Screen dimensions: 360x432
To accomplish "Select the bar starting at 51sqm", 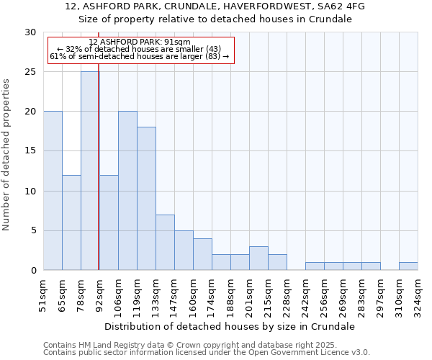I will tap(53, 191).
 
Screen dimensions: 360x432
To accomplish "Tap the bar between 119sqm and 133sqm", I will tap(146, 199).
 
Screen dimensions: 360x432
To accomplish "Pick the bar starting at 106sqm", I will tap(127, 191).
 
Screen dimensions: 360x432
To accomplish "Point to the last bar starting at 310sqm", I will tap(408, 266).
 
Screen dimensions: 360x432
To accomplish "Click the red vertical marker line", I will tap(98, 158).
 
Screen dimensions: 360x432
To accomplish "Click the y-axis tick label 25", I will tap(30, 72).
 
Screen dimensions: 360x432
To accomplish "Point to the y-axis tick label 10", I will tap(30, 192).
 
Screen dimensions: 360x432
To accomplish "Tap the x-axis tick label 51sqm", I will tap(43, 295).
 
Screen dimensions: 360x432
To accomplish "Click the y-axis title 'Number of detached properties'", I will tap(6, 155).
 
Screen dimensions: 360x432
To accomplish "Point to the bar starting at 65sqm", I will tap(71, 222).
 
